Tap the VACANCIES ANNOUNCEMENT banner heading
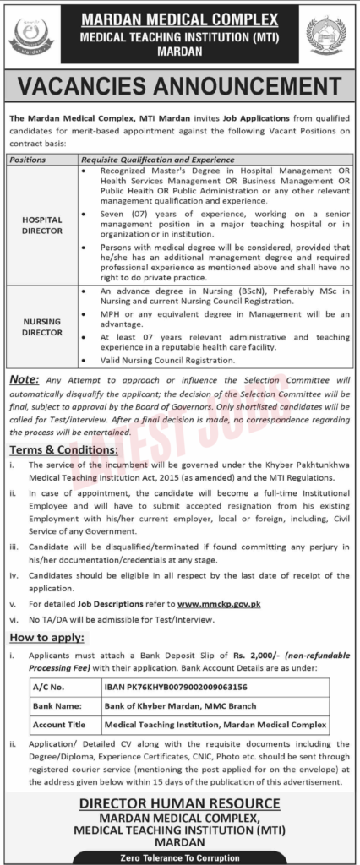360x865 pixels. coord(180,86)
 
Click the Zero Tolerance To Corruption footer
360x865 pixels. coord(180,857)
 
